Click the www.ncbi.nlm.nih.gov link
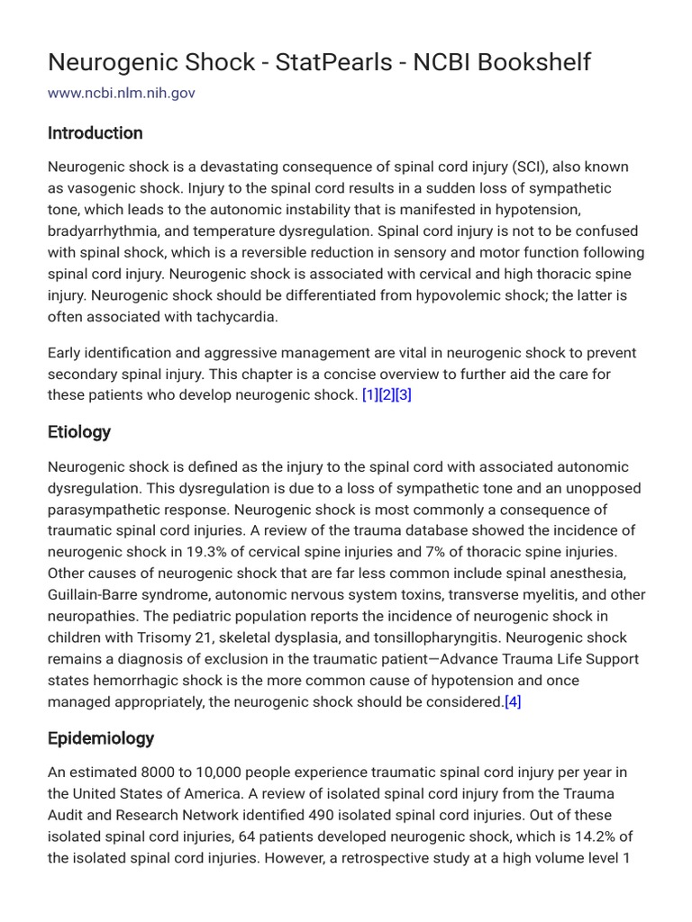click(121, 93)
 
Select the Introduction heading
click(95, 133)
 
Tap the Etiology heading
click(79, 432)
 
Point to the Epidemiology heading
click(101, 738)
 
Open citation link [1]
click(369, 395)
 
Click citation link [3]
click(403, 395)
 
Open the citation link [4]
click(513, 701)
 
